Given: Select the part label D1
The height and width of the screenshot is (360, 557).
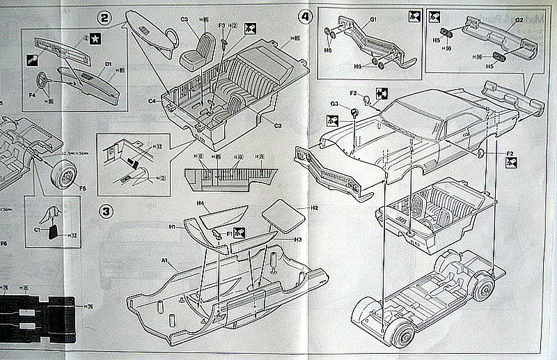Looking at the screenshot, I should pyautogui.click(x=109, y=64).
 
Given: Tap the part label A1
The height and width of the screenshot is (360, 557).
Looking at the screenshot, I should pyautogui.click(x=166, y=260).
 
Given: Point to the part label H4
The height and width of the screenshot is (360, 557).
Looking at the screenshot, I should pyautogui.click(x=199, y=204).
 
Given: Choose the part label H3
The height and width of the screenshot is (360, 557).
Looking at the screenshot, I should pyautogui.click(x=297, y=239).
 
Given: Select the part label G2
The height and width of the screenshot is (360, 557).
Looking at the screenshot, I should pyautogui.click(x=519, y=20).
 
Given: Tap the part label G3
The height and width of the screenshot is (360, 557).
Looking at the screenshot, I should pyautogui.click(x=335, y=104).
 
